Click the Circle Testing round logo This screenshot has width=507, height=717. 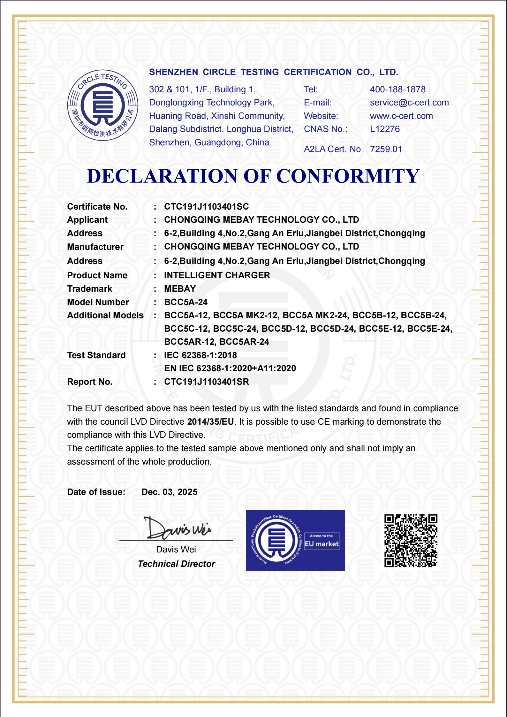pyautogui.click(x=102, y=105)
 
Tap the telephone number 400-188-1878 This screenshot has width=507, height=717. pyautogui.click(x=397, y=89)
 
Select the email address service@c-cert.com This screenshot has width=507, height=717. pyautogui.click(x=409, y=103)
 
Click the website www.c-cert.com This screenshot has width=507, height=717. pyautogui.click(x=401, y=116)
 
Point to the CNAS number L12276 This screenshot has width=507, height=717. pyautogui.click(x=385, y=129)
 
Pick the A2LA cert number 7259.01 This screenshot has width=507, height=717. pyautogui.click(x=386, y=149)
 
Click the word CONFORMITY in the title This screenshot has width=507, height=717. pyautogui.click(x=348, y=176)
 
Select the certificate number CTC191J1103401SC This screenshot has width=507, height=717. pyautogui.click(x=206, y=207)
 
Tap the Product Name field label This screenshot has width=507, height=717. pyautogui.click(x=97, y=275)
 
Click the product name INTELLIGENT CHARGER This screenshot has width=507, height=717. pyautogui.click(x=217, y=275)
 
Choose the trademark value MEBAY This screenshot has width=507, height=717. pyautogui.click(x=180, y=289)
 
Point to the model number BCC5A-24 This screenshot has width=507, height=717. pyautogui.click(x=186, y=302)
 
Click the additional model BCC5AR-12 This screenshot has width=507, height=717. pyautogui.click(x=189, y=342)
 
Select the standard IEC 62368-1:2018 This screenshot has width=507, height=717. pyautogui.click(x=201, y=355)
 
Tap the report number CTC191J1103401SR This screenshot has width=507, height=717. pyautogui.click(x=206, y=382)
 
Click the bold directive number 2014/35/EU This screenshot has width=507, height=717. pyautogui.click(x=210, y=422)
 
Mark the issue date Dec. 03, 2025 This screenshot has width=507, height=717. pyautogui.click(x=170, y=492)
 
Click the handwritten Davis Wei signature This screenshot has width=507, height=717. pyautogui.click(x=177, y=528)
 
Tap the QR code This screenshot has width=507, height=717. pyautogui.click(x=411, y=541)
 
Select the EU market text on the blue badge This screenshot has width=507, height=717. pyautogui.click(x=322, y=544)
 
